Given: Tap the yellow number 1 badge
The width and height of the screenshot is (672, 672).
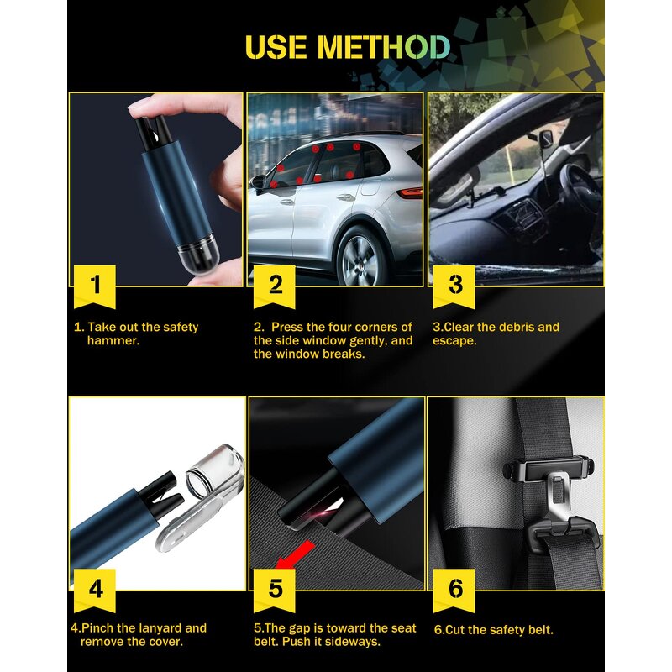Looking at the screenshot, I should [95, 284].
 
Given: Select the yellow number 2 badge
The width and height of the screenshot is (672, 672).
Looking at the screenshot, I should [276, 284].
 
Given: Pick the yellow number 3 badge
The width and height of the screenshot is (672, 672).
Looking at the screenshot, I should [454, 284].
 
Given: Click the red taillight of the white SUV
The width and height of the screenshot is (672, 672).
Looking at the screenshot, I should [411, 192].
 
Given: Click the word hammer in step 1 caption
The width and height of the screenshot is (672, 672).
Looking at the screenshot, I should [112, 341].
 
